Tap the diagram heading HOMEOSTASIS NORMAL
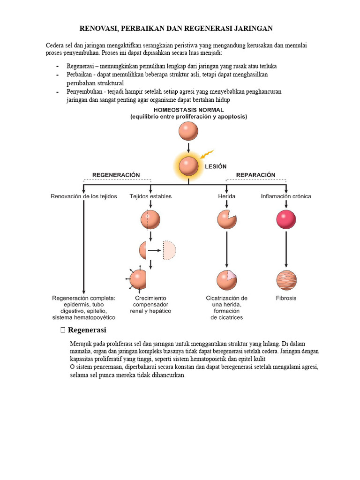tap(188, 110)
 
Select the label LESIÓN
tap(216, 166)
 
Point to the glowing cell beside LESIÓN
tap(188, 166)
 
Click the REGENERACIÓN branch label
tap(116, 175)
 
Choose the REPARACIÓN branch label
tap(255, 175)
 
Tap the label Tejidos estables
tap(150, 196)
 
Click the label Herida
tap(226, 196)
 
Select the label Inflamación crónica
tap(286, 196)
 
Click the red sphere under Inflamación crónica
tap(286, 219)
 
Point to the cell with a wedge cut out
tap(227, 219)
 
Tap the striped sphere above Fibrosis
tap(286, 280)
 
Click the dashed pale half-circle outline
tap(170, 250)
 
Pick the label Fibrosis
tap(286, 298)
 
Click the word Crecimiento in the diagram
tap(150, 298)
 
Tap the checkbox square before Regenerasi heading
tap(63, 330)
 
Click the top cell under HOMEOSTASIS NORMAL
tap(188, 131)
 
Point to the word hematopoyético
tap(97, 317)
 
